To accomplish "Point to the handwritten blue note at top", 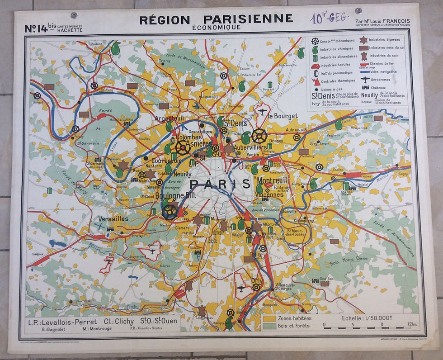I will [x=329, y=18].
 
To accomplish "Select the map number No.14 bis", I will [x=41, y=28].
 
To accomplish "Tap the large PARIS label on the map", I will [x=220, y=184].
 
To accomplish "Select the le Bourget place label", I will [x=283, y=116].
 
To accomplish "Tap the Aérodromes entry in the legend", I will [x=385, y=79].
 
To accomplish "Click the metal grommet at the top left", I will [x=74, y=15].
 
